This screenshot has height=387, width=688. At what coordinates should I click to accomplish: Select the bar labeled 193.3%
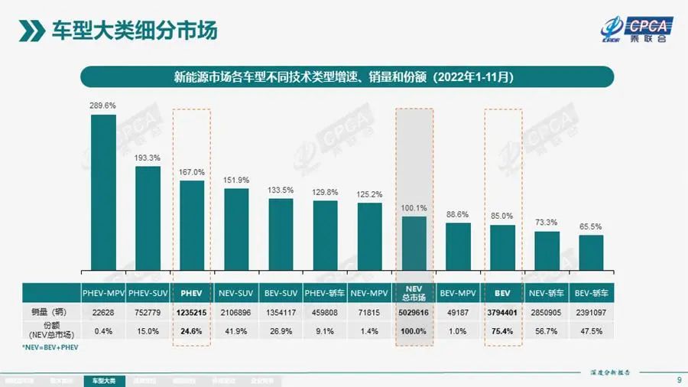(148, 218)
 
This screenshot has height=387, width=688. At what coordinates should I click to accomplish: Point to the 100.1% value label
(414, 208)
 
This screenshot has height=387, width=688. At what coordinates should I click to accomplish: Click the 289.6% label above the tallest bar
(103, 106)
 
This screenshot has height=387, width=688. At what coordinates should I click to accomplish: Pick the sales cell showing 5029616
(414, 312)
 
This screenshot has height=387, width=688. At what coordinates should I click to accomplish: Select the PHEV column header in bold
(192, 293)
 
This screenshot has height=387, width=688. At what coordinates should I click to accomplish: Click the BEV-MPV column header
(459, 293)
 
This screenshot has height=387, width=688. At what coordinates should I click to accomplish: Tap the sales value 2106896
(236, 312)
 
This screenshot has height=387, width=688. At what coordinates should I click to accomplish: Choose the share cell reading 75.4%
(502, 331)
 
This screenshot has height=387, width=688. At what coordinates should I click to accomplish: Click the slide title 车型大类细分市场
(134, 31)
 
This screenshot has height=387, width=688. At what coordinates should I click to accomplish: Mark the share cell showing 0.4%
(103, 331)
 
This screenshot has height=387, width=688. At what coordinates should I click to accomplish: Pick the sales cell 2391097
(591, 312)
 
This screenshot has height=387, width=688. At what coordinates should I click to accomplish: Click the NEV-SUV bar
(236, 229)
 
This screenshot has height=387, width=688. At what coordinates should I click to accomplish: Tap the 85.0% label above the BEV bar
(502, 216)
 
